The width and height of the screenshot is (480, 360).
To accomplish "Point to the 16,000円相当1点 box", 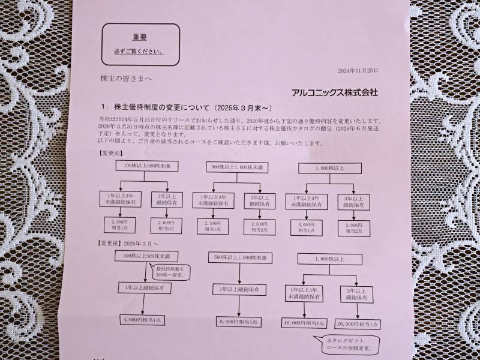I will pyautogui.click(x=305, y=323).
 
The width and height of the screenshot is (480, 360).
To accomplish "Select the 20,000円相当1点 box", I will pyautogui.click(x=358, y=323).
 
